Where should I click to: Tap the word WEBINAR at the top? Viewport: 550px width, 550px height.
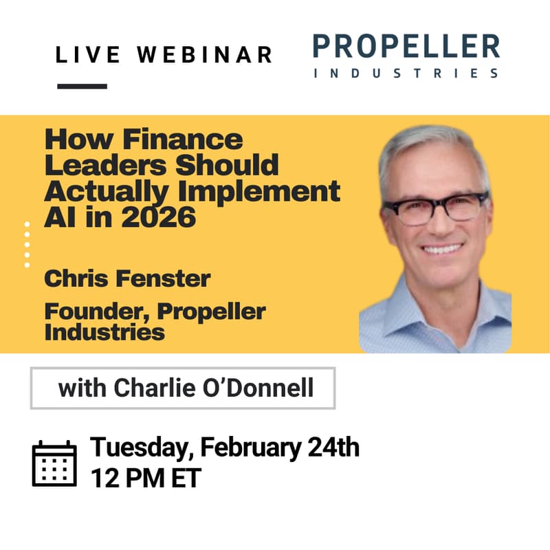tap(203, 55)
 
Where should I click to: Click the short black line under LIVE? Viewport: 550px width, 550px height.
tap(82, 87)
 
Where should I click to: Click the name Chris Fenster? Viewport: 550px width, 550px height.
tap(127, 279)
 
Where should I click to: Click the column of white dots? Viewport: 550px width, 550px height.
tap(27, 244)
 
